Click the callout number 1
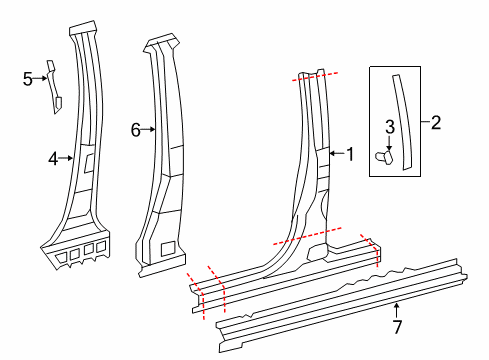point(350,154)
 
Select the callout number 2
point(436,123)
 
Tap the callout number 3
point(390,127)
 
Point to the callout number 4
point(53,159)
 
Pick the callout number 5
point(28,79)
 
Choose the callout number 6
point(136,130)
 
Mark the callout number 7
point(397,326)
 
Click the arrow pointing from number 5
point(40,78)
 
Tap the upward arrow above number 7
point(396,310)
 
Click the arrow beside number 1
point(337,153)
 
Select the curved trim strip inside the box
point(403,122)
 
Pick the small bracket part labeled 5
point(53,87)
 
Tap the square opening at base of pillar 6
point(168,249)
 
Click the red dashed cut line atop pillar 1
point(315,77)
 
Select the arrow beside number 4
point(66,158)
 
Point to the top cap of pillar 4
point(83,28)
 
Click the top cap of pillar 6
point(162,42)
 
